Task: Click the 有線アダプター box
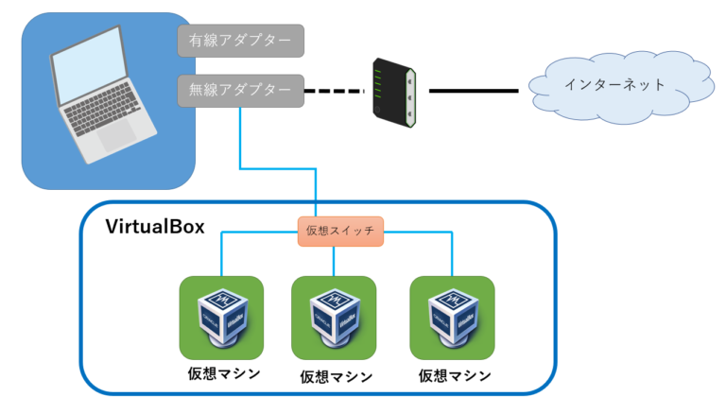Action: pyautogui.click(x=241, y=41)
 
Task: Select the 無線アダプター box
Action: pyautogui.click(x=241, y=91)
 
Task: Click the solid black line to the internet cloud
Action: pyautogui.click(x=474, y=91)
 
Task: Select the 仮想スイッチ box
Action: pyautogui.click(x=340, y=232)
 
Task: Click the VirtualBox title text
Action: pyautogui.click(x=154, y=228)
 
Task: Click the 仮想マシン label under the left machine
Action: pyautogui.click(x=224, y=372)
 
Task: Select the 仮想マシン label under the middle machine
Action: pyautogui.click(x=336, y=376)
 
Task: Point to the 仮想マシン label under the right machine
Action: pyautogui.click(x=455, y=375)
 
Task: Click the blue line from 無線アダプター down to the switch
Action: pyautogui.click(x=240, y=142)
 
